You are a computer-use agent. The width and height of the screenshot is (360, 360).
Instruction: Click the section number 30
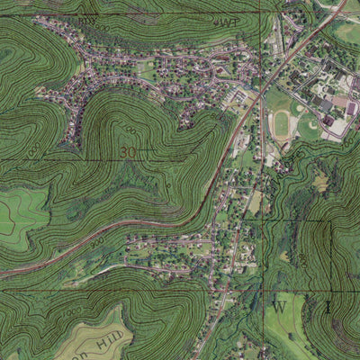click(x=128, y=153)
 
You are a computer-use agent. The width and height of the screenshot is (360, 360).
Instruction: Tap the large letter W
click(x=280, y=307)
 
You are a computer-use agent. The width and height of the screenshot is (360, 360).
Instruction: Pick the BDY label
click(x=86, y=20)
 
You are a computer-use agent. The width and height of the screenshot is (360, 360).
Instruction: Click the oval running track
click(x=282, y=123)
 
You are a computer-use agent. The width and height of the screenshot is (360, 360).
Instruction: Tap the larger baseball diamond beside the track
click(x=309, y=125)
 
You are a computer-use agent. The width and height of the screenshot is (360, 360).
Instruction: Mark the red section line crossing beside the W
click(x=266, y=291)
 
